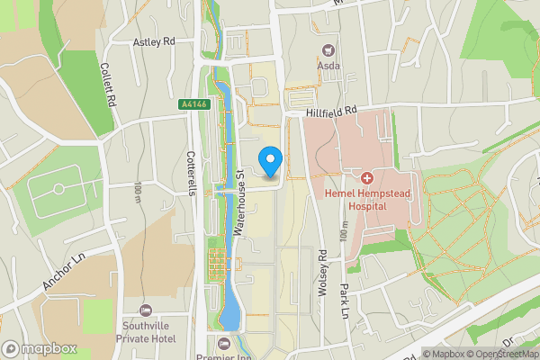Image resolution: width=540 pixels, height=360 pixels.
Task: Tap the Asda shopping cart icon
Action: tap(328, 50)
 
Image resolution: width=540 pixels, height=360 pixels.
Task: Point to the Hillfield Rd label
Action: tap(331, 111)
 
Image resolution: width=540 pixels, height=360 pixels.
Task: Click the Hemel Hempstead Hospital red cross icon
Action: tap(367, 174)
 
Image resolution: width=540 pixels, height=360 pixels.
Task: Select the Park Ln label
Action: tap(344, 301)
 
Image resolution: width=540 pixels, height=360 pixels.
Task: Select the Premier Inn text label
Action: tap(225, 355)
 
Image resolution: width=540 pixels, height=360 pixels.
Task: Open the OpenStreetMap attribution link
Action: tap(498, 355)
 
